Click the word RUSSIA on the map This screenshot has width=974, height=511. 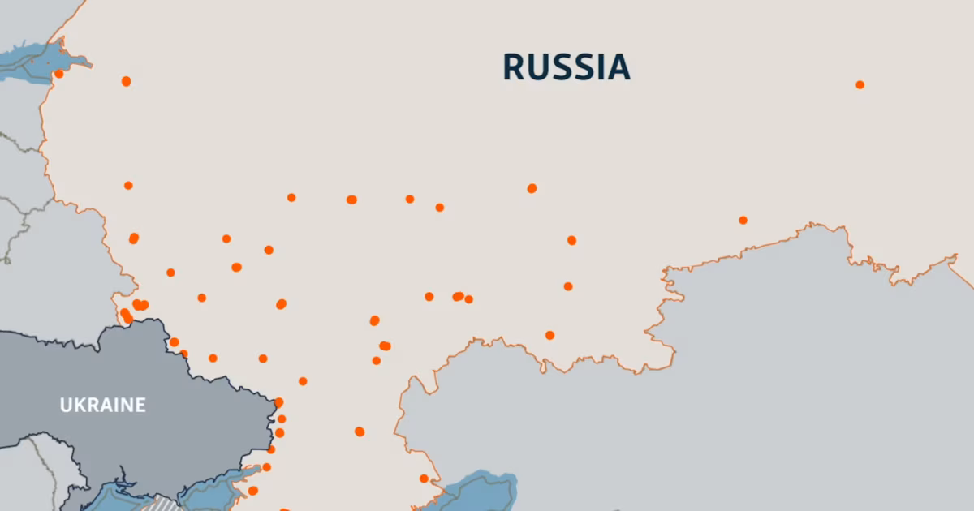click(x=566, y=67)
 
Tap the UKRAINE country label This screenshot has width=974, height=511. click(x=103, y=405)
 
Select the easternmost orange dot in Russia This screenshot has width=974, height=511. click(x=860, y=84)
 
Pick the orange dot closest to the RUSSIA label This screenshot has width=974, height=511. click(x=532, y=188)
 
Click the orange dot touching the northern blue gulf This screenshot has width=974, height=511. click(x=58, y=74)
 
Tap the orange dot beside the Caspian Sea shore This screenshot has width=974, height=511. click(x=424, y=479)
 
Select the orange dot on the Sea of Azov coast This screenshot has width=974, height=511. click(x=252, y=490)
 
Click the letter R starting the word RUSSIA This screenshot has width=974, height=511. click(x=514, y=67)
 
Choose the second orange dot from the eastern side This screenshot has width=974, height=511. click(x=743, y=220)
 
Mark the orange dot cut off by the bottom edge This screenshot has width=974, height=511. click(x=284, y=509)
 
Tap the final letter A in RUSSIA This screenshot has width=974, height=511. click(x=619, y=67)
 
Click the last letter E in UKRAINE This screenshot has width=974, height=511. click(x=140, y=405)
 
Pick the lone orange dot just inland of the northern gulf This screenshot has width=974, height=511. click(x=126, y=81)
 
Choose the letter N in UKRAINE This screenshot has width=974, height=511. click(x=127, y=405)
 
